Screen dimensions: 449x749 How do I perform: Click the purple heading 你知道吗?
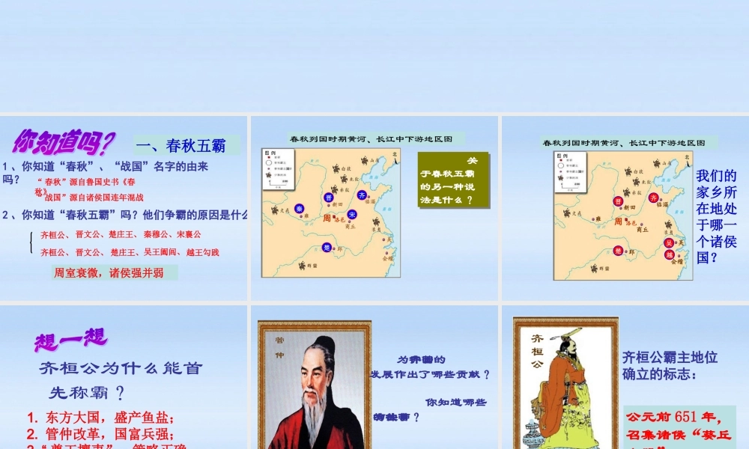tap(63, 140)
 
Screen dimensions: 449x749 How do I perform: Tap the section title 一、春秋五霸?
tap(187, 145)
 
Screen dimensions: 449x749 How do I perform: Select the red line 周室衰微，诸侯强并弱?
tap(109, 273)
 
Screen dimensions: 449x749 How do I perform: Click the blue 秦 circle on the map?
tap(299, 208)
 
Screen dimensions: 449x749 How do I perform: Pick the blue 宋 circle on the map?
tap(352, 214)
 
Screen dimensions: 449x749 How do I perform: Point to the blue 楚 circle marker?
tap(326, 247)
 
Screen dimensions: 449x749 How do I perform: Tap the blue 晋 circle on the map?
tap(327, 197)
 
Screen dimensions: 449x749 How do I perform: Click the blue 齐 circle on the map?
tap(362, 195)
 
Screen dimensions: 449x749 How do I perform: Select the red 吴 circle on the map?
tap(670, 242)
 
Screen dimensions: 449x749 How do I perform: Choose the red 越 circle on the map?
tap(670, 254)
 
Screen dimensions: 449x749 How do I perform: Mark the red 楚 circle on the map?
tap(617, 251)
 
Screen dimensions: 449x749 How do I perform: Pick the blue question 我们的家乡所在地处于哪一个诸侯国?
tap(717, 216)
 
